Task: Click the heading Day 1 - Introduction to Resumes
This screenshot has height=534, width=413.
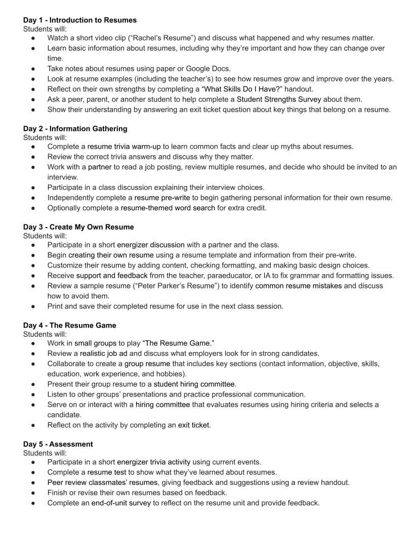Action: coord(80,20)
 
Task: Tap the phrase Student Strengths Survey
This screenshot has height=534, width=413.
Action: coord(279,99)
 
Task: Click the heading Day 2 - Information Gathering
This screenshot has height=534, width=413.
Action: coord(75,128)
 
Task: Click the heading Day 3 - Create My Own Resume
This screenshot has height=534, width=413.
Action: coord(78,227)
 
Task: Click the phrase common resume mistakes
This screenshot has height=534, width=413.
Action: coord(299,286)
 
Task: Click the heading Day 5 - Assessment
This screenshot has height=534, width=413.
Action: coord(58,444)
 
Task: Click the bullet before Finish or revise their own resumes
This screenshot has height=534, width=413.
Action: coord(33,493)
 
